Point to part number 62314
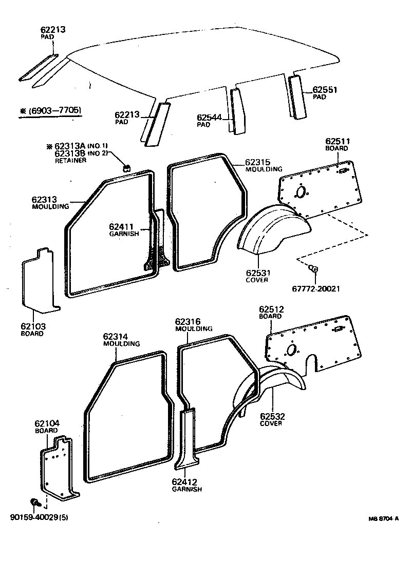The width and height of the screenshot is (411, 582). (x=115, y=336)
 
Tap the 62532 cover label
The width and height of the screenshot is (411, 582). (x=272, y=416)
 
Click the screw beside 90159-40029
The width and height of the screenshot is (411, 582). (x=35, y=501)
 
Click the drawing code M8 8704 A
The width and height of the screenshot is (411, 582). (x=383, y=519)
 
